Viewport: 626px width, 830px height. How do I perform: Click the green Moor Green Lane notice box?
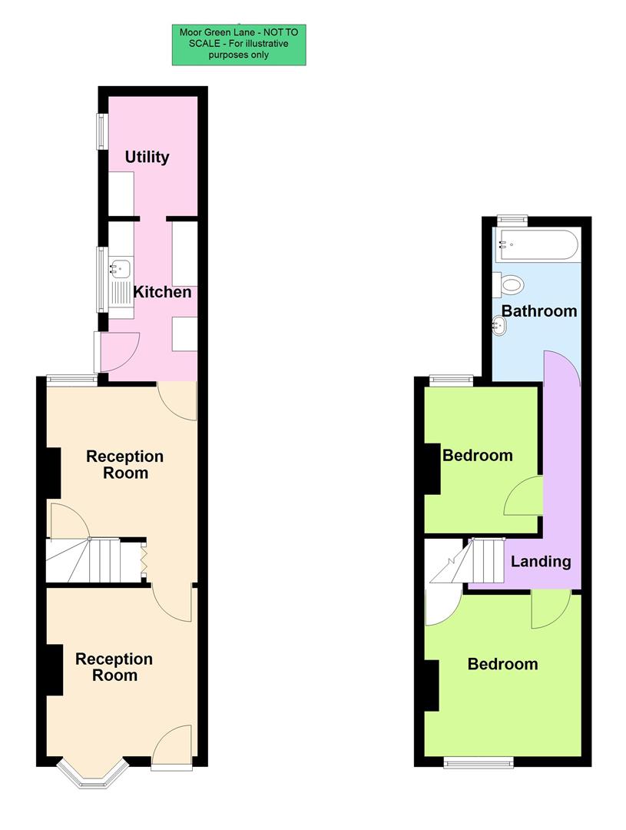point(239,45)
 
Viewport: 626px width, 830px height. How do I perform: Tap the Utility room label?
point(147,157)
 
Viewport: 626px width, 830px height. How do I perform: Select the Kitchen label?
point(162,292)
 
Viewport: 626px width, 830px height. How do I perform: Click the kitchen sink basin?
point(120,269)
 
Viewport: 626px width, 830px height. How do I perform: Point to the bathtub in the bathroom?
point(535,244)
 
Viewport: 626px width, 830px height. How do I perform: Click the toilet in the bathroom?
point(509,285)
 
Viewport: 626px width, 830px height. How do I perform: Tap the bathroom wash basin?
point(499,326)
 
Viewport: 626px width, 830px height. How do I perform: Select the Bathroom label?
point(538,311)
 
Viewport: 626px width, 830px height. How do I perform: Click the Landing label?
point(541,561)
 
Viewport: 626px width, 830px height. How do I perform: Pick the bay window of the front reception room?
point(91,775)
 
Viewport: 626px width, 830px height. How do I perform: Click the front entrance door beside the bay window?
point(172,747)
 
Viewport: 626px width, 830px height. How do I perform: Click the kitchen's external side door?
point(115,350)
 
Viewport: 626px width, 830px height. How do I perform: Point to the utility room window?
point(100,131)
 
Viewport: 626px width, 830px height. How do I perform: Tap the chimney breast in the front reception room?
point(53,669)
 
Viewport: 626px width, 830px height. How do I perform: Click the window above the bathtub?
point(512,220)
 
